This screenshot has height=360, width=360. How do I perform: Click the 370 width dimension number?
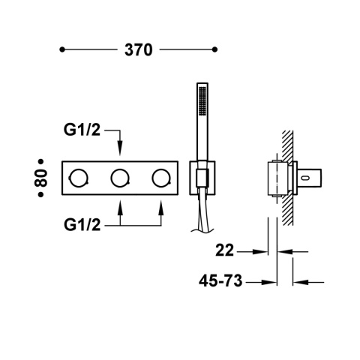pos(138,50)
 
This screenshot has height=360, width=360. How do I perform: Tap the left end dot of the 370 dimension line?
pos(62,50)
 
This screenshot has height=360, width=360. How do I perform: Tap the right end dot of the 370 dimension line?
pos(215,50)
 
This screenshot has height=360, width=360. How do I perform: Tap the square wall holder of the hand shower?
pos(201,177)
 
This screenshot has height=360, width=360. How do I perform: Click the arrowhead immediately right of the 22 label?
pos(262,252)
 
